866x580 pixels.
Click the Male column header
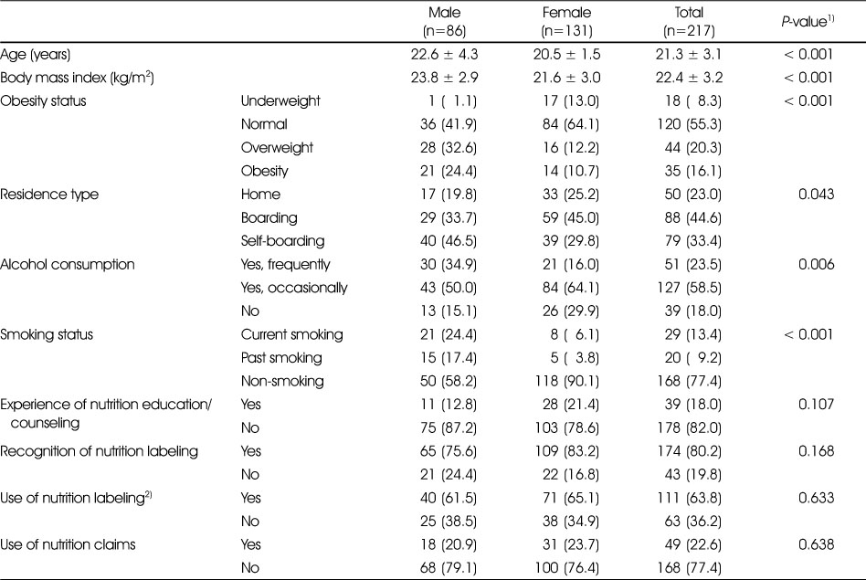click(444, 21)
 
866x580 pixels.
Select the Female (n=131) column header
click(566, 21)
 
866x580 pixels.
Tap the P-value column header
click(808, 22)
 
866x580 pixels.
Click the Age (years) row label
click(36, 55)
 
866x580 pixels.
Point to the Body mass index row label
click(77, 78)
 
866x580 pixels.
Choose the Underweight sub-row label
click(280, 101)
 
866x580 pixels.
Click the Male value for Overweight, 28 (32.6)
click(448, 147)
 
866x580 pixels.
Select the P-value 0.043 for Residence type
click(816, 195)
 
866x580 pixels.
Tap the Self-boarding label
click(282, 241)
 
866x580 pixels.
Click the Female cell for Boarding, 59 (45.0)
click(571, 217)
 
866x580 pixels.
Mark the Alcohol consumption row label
click(68, 265)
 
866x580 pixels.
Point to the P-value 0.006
click(816, 265)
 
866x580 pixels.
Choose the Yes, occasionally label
click(294, 288)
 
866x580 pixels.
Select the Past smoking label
click(281, 358)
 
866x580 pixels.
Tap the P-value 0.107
click(816, 405)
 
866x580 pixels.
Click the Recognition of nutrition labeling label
click(99, 451)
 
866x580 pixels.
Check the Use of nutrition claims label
click(68, 544)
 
